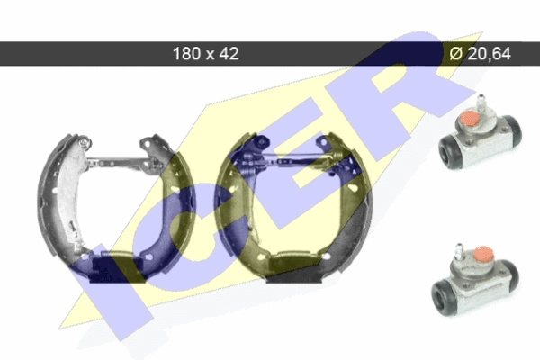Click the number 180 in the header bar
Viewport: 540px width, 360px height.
[186, 54]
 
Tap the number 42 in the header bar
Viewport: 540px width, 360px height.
[229, 54]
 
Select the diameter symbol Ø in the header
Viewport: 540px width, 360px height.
[456, 54]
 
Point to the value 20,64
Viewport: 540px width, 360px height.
[490, 54]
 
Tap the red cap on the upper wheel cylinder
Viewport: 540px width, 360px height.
[469, 118]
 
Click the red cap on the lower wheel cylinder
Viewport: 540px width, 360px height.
[482, 254]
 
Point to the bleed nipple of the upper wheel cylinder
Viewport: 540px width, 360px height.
[480, 103]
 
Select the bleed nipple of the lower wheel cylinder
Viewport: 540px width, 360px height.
[459, 251]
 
